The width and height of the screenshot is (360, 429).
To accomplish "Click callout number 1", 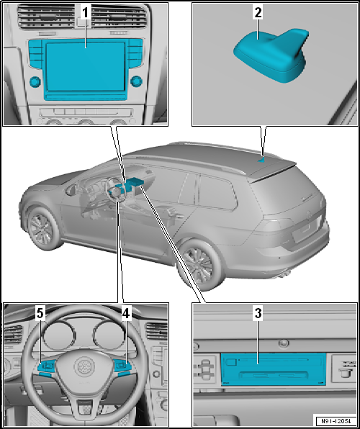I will point(85,13).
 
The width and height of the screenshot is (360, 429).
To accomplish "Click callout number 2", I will point(257,13).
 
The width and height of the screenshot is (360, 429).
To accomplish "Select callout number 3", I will point(257,313).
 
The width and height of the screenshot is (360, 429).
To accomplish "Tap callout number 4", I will point(125,313).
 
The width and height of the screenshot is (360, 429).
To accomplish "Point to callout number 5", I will point(40,313).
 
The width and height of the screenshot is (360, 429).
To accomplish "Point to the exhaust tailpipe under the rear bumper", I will point(284,273).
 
